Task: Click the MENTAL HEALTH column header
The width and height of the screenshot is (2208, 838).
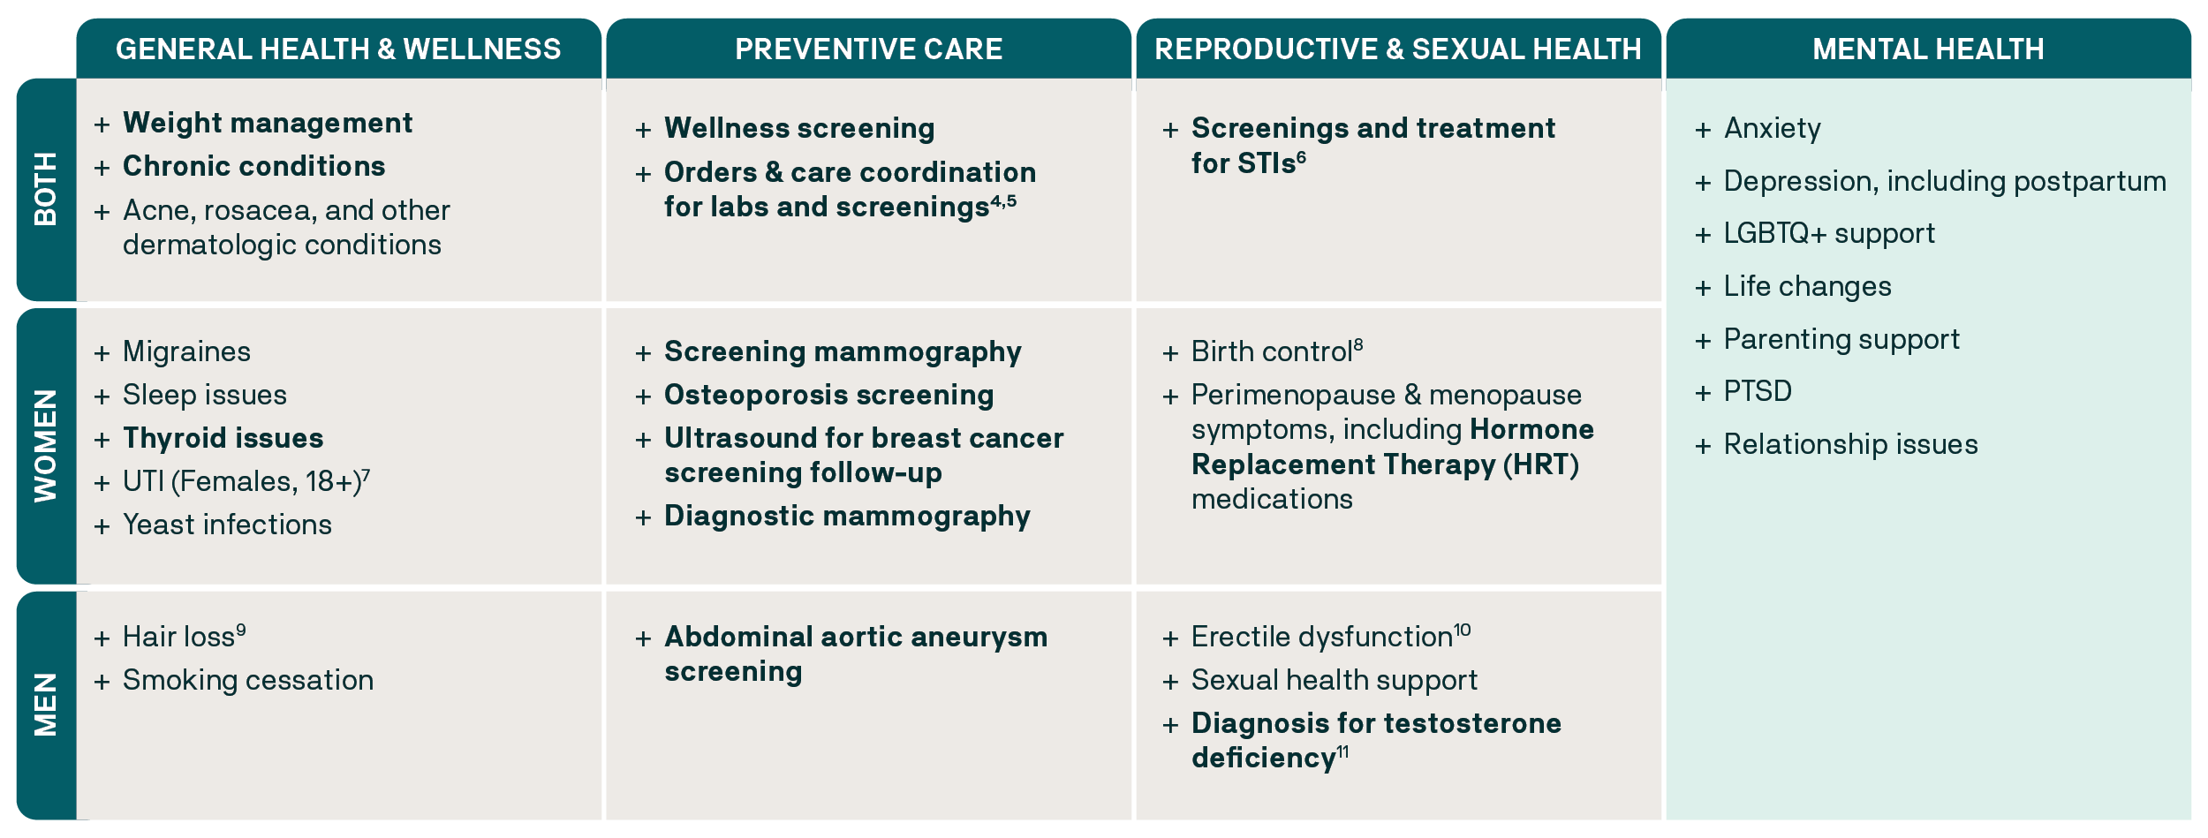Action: tap(1928, 49)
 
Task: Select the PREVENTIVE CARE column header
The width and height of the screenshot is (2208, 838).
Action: tap(868, 49)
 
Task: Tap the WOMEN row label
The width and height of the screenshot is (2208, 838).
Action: tap(46, 446)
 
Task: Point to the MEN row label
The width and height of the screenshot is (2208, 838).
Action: tap(46, 705)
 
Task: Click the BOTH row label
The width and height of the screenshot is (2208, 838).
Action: tap(46, 189)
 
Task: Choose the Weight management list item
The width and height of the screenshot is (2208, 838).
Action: tap(267, 123)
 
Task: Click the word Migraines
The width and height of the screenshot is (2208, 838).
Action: tap(186, 351)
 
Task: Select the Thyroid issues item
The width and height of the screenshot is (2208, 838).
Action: tap(223, 438)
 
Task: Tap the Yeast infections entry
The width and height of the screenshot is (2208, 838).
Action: tap(227, 525)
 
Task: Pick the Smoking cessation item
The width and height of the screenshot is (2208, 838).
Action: tap(247, 680)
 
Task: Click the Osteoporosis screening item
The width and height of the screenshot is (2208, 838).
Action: tap(828, 395)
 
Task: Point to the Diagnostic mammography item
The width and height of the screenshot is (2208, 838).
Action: tap(847, 516)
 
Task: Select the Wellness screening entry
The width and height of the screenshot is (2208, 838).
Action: tap(799, 128)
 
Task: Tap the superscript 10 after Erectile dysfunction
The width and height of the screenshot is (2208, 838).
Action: tap(1463, 630)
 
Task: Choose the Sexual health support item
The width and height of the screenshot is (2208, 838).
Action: tap(1334, 680)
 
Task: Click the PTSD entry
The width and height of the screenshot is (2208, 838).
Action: tap(1758, 391)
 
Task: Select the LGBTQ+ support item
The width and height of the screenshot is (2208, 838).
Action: tap(1829, 233)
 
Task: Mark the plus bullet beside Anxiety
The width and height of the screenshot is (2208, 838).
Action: tap(1703, 130)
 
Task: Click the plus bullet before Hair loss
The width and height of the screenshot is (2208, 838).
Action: tap(102, 638)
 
